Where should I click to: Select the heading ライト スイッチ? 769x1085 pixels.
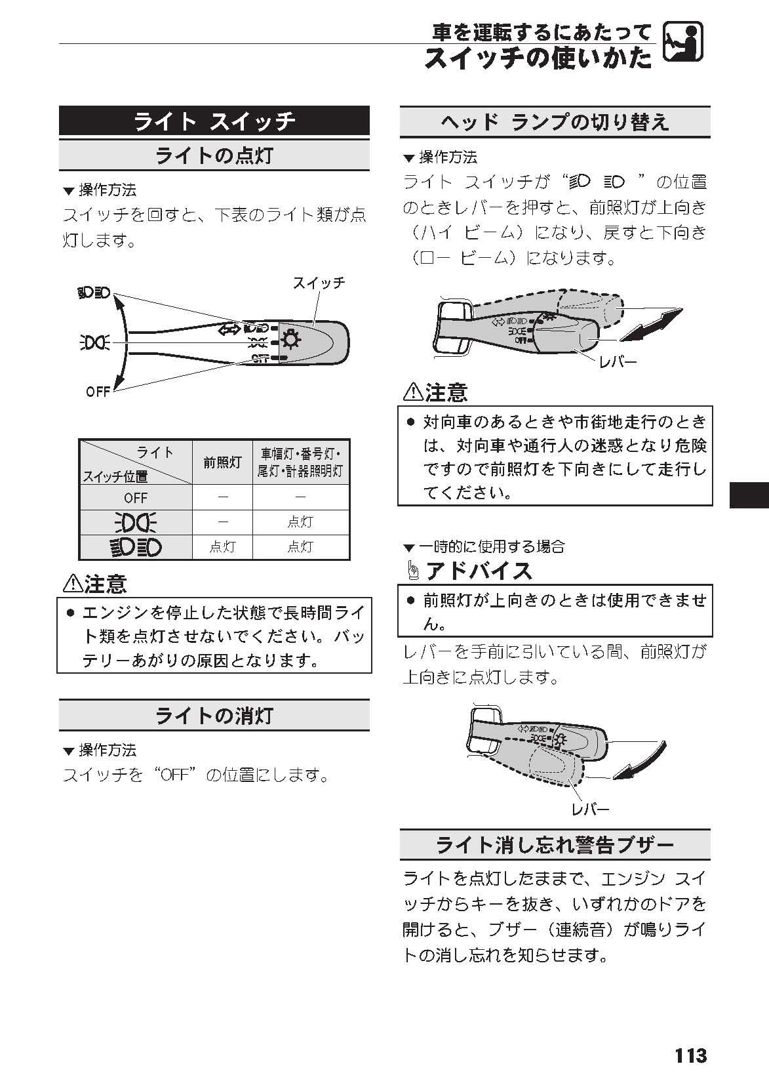coord(214,121)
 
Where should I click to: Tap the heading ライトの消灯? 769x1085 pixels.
coord(214,715)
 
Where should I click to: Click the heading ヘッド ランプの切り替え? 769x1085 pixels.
coord(555,122)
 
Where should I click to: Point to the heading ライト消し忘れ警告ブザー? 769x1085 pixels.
coord(555,845)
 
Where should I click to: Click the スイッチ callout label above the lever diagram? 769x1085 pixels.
coord(319,283)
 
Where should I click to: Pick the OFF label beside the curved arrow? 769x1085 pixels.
coord(98,392)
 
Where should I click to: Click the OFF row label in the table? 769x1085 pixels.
coord(136,497)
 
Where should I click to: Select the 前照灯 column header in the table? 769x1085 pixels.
coord(222,462)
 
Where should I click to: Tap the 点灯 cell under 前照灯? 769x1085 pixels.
coord(222,546)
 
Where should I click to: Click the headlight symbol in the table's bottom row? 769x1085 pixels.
coord(136,546)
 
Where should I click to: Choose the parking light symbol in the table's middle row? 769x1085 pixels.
coord(136,522)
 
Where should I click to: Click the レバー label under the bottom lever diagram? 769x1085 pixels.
coord(591,809)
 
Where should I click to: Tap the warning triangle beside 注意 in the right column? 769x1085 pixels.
coord(412,392)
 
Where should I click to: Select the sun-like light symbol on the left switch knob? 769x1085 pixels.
coord(290,340)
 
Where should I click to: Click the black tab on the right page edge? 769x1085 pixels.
coord(749,495)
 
